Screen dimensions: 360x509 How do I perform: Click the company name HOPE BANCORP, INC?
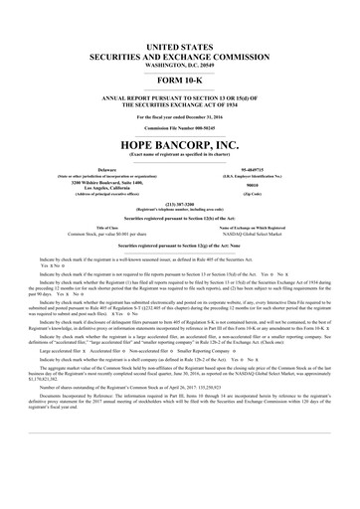point(180,143)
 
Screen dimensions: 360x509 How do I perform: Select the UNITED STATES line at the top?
point(180,47)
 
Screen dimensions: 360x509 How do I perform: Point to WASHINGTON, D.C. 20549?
point(180,65)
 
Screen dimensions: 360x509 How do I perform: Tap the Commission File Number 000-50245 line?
point(180,128)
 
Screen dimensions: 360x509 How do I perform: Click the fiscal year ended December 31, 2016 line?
point(180,116)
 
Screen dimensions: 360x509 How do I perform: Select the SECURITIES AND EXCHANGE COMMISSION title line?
point(180,56)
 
